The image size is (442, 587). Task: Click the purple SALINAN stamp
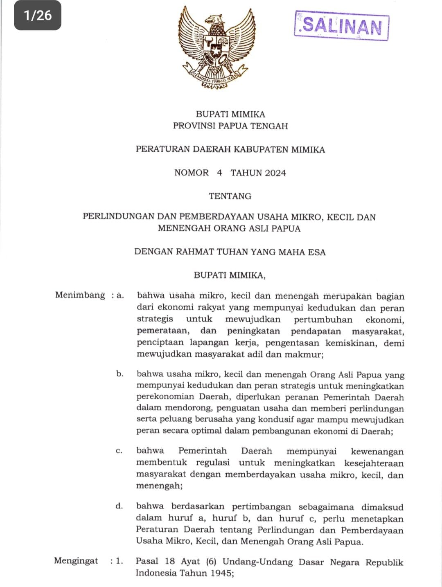point(341,25)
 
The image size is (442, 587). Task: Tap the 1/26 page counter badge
point(38,16)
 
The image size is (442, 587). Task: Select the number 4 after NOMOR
point(219,173)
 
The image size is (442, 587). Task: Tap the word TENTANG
point(230,196)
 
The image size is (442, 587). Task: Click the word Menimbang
point(80,295)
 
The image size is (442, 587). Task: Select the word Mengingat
point(76,560)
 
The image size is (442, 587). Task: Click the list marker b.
point(120,373)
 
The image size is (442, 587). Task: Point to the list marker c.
point(119,451)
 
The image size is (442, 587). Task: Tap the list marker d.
point(119,506)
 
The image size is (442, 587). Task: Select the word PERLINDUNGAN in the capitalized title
point(118,216)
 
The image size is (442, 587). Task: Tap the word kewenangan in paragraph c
point(377,451)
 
